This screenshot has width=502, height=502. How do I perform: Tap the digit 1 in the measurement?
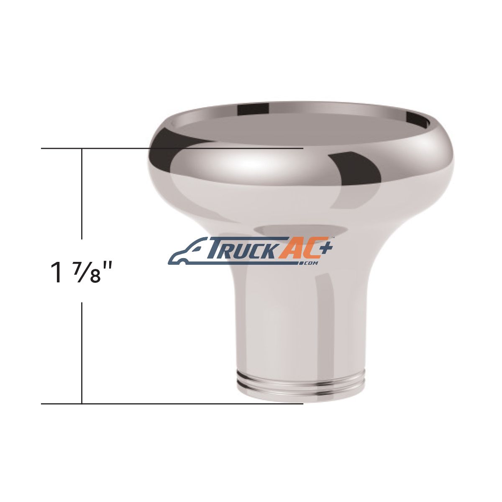click(x=56, y=273)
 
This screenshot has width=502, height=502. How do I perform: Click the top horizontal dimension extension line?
click(x=172, y=149)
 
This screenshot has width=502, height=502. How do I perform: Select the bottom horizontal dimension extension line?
click(x=172, y=411)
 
